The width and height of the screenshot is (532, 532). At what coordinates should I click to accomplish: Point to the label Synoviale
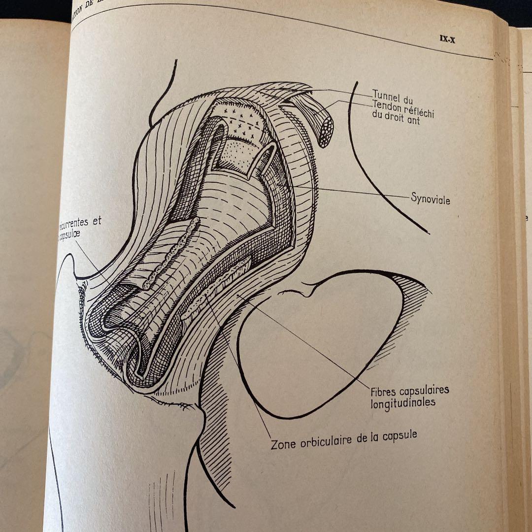[x=431, y=200]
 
